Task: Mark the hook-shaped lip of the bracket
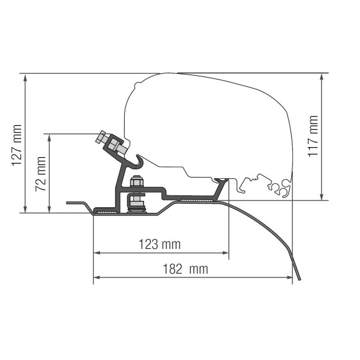[x=139, y=164]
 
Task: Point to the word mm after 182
[x=197, y=269]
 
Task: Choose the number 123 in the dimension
[x=148, y=245]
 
